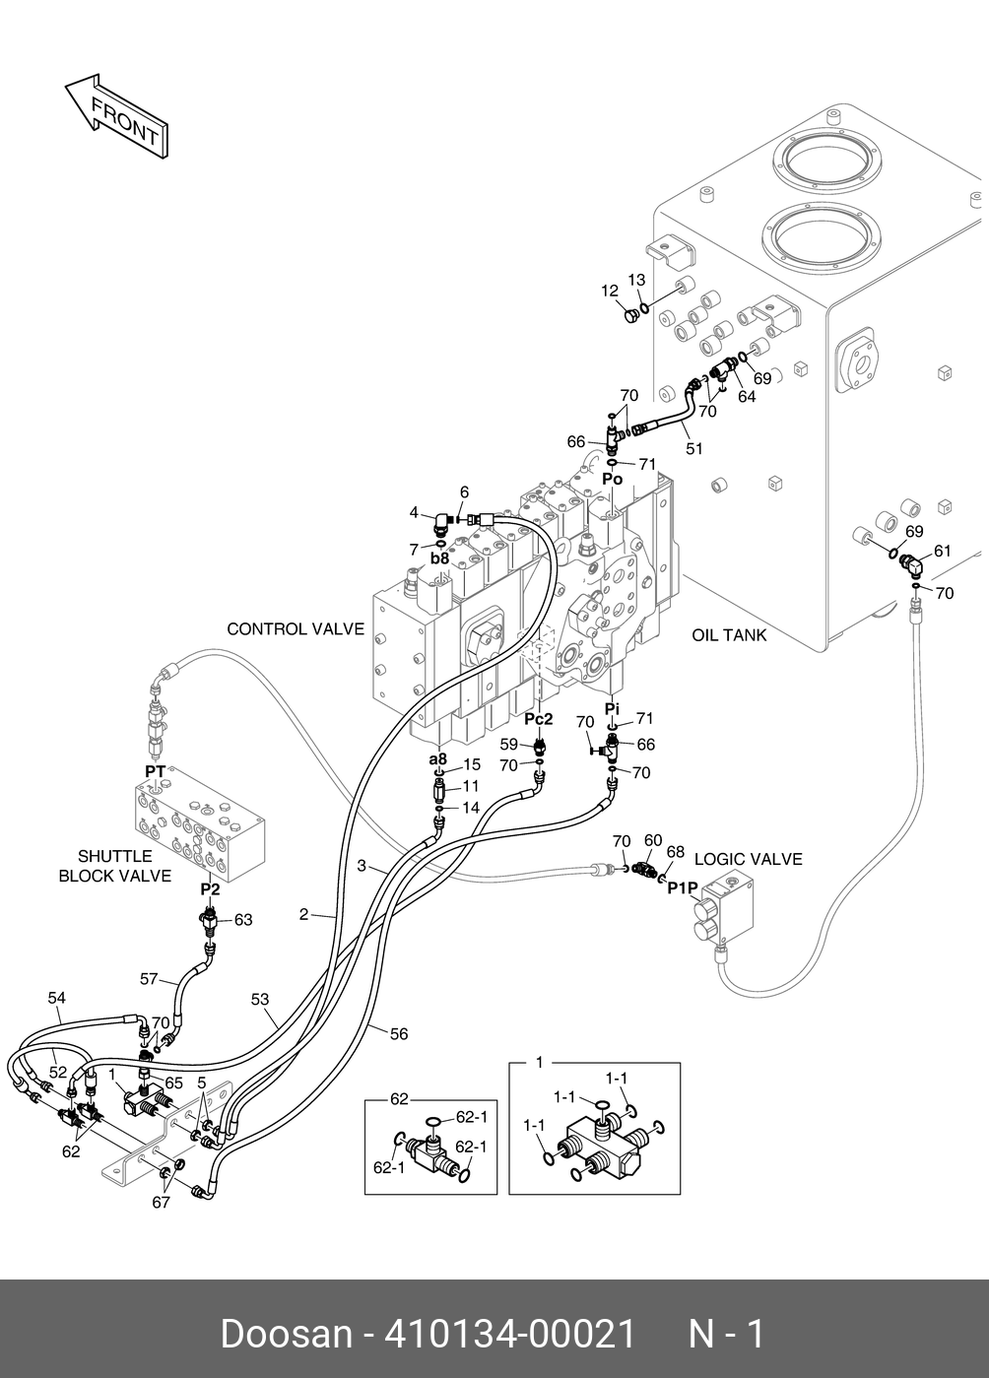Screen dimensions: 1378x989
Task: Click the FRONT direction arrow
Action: coord(116,114)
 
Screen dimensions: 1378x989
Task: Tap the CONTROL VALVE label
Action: coord(296,628)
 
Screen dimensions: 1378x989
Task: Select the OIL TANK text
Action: coord(729,635)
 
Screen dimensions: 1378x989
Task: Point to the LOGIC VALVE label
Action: coord(749,859)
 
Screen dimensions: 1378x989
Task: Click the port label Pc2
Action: coord(538,719)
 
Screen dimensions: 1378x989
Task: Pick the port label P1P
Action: coord(683,888)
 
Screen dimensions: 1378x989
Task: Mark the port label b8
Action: coord(439,558)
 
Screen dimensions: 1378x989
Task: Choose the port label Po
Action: coord(613,479)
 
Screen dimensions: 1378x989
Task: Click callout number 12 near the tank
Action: coord(610,291)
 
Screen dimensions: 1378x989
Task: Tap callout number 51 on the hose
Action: coord(694,448)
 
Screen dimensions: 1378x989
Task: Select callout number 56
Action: coord(399,1034)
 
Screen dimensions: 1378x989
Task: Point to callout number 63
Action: coord(242,920)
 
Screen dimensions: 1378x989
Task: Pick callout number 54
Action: coord(57,998)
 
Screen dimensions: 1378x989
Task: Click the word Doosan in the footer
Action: coord(287,1334)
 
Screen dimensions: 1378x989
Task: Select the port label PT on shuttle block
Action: coord(155,769)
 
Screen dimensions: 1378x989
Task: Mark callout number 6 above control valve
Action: coord(464,492)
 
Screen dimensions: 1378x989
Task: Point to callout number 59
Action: coord(508,744)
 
